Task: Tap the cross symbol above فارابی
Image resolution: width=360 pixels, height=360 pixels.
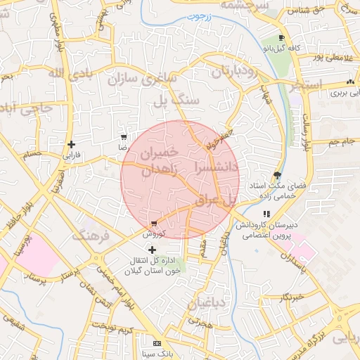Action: pos(71,144)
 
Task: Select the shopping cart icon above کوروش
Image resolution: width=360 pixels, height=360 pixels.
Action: pos(154,222)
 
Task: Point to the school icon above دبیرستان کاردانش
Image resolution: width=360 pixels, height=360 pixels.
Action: pos(266,214)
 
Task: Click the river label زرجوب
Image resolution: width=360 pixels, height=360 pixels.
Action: pos(204,15)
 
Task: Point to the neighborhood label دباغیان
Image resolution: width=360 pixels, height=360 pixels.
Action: pos(209,303)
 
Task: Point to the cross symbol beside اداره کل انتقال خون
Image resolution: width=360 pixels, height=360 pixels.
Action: pos(152,250)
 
